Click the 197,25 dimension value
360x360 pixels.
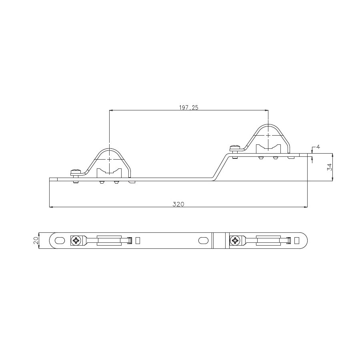(188, 107)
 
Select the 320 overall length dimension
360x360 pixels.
(178, 204)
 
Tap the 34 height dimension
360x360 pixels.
(330, 167)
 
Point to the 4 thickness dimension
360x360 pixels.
(318, 147)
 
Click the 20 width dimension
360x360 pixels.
(36, 240)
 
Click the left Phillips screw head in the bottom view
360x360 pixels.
(76, 241)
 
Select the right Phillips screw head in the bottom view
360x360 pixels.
(235, 241)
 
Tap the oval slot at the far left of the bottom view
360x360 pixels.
(60, 241)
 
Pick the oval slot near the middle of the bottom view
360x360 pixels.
(203, 241)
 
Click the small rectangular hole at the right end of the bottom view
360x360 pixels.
(297, 241)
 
